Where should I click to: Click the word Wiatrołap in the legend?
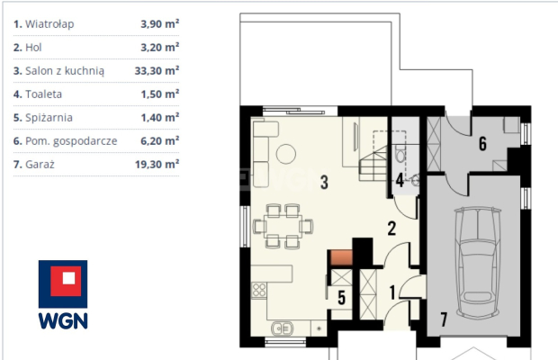pyautogui.click(x=49, y=24)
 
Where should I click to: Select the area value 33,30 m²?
pyautogui.click(x=157, y=71)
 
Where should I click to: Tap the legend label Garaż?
pyautogui.click(x=40, y=165)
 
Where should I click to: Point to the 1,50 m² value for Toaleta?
pyautogui.click(x=160, y=94)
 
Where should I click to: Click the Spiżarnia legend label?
pyautogui.click(x=49, y=118)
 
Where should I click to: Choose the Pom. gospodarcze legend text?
pyautogui.click(x=71, y=141)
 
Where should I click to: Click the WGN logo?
pyautogui.click(x=63, y=294)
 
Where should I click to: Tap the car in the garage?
pyautogui.click(x=478, y=263)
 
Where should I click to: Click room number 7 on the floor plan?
pyautogui.click(x=444, y=319)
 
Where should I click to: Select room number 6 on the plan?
pyautogui.click(x=482, y=144)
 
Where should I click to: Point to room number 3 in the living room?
pyautogui.click(x=324, y=182)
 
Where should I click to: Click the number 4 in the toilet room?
pyautogui.click(x=400, y=180)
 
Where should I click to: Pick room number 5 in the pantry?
pyautogui.click(x=342, y=298)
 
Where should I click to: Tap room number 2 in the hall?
pyautogui.click(x=391, y=229)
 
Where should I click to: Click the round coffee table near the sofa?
pyautogui.click(x=286, y=154)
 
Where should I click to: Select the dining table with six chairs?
pyautogui.click(x=283, y=226)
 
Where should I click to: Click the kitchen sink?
pyautogui.click(x=283, y=328)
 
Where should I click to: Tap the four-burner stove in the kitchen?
pyautogui.click(x=259, y=290)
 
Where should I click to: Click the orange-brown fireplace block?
pyautogui.click(x=342, y=258)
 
